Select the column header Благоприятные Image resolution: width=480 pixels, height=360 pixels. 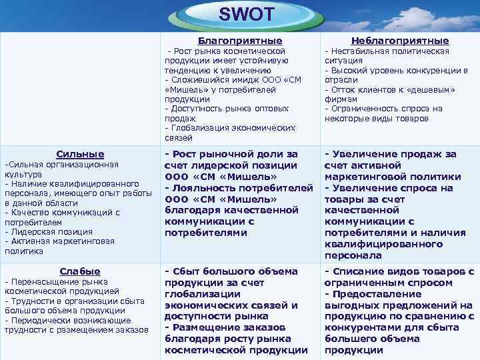point(236,41)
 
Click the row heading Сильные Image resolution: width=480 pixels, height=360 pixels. point(79,154)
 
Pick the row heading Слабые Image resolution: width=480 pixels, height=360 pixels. point(79,271)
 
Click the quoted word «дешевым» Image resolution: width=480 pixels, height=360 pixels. point(432,89)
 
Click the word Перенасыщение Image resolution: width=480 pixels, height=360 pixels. point(43,281)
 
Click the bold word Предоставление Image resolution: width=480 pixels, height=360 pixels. point(378,294)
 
